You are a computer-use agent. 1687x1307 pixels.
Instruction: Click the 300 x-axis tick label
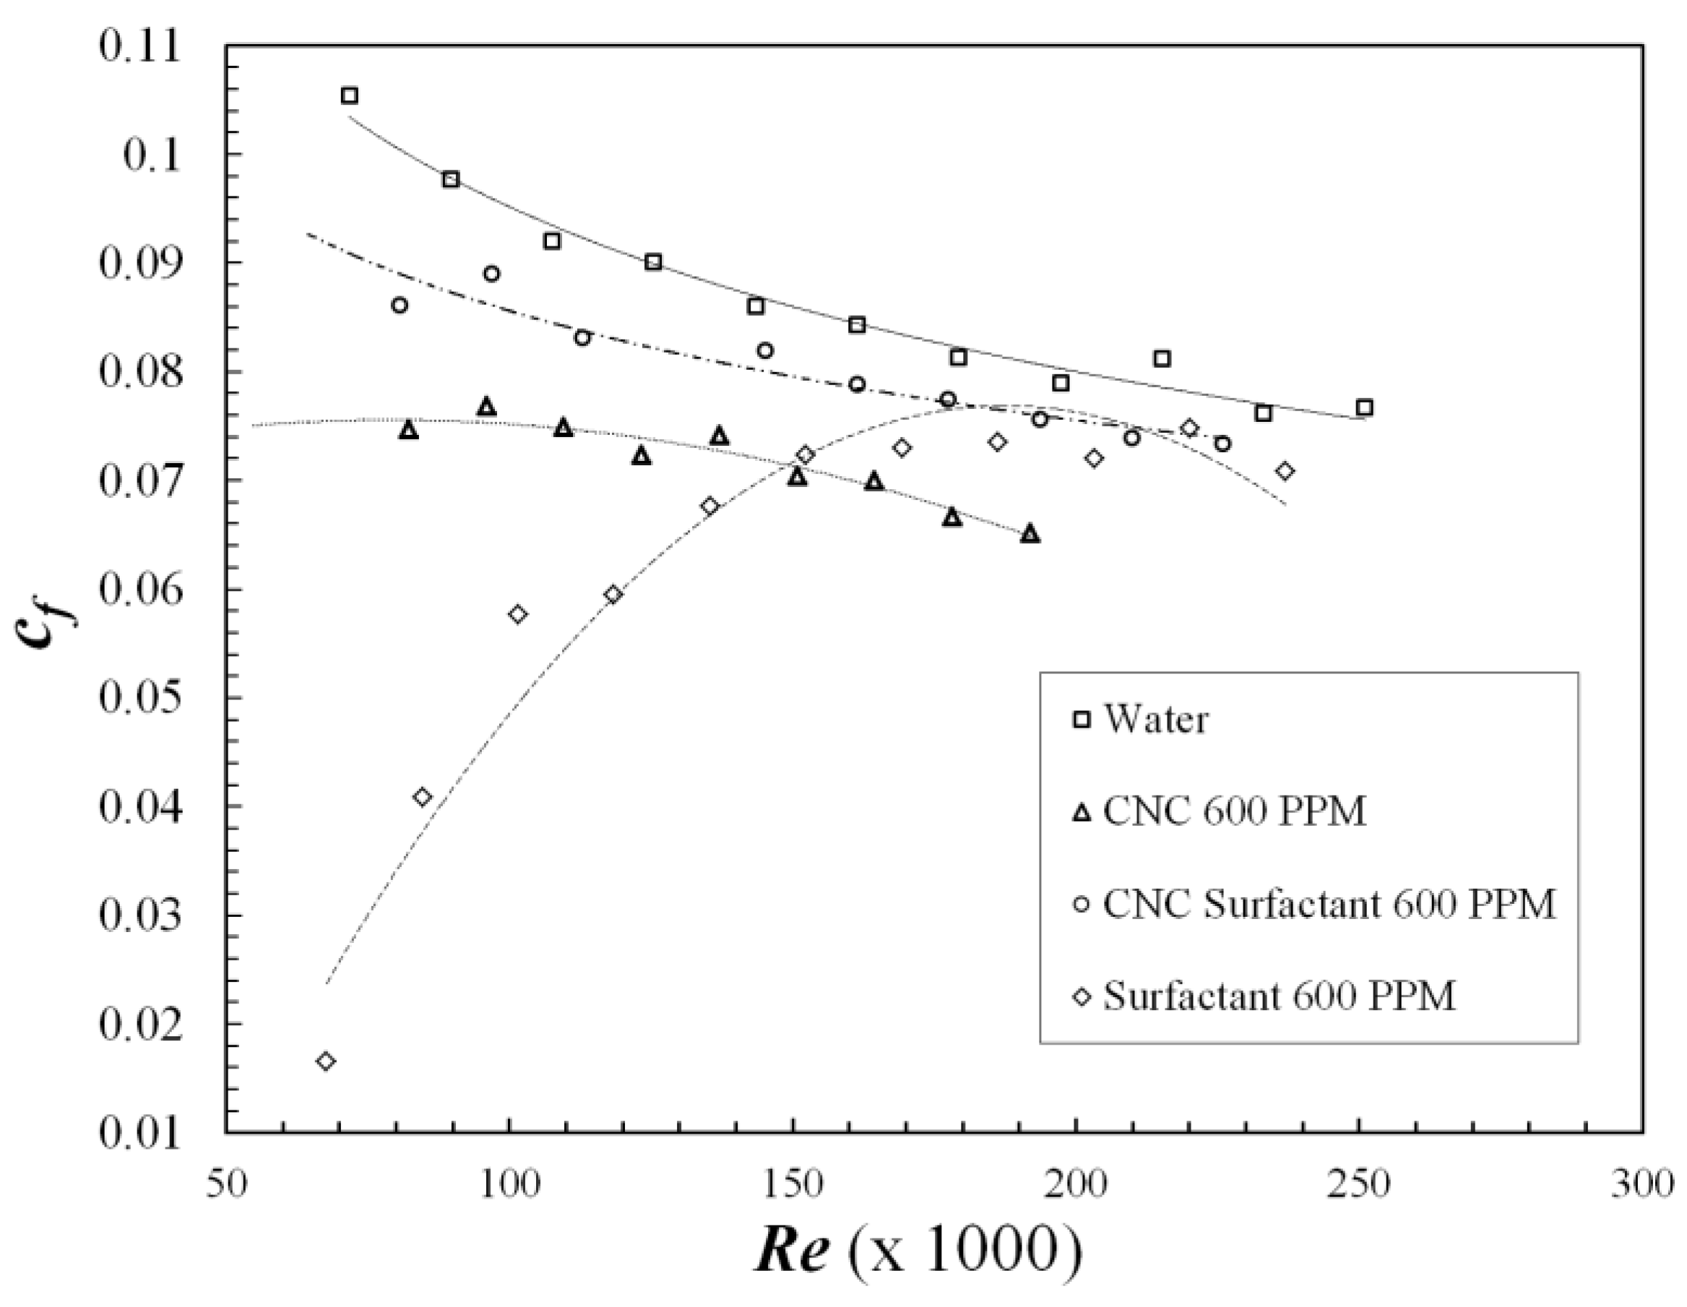pos(1642,1184)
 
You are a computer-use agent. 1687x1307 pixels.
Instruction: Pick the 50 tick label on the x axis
pos(226,1184)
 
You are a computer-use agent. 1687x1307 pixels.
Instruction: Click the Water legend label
pos(1155,720)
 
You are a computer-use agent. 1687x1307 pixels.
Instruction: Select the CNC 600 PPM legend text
pos(1233,812)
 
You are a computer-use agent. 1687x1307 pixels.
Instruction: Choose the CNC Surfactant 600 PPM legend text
pos(1329,904)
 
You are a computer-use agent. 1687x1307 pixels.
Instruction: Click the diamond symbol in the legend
pos(1082,997)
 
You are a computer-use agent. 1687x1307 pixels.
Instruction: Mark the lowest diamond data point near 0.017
pos(326,1061)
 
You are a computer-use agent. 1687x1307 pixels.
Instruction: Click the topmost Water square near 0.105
pos(349,96)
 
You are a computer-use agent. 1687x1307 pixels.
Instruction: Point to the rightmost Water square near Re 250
pos(1364,408)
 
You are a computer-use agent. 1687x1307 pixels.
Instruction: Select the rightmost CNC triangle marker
pos(1030,534)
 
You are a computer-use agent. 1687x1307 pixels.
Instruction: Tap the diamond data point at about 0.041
pos(422,797)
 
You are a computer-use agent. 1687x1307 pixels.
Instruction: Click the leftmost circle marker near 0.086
pos(400,305)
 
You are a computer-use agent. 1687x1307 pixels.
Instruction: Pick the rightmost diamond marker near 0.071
pos(1285,471)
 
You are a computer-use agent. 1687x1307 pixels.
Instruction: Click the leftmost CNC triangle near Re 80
pos(409,431)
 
